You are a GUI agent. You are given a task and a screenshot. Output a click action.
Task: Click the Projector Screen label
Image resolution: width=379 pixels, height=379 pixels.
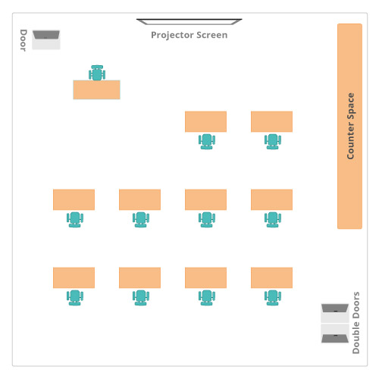click(189, 35)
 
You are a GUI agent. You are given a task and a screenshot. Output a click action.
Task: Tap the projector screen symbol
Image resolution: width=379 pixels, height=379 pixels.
click(189, 22)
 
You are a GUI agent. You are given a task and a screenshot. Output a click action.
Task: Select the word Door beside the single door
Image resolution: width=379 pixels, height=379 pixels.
click(23, 40)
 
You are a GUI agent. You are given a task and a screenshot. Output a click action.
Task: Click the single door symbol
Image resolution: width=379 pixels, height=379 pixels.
click(46, 39)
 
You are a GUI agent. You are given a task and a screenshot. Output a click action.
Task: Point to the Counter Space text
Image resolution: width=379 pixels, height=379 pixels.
click(350, 126)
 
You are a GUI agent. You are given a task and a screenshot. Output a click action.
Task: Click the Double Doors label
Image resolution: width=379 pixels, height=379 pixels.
click(356, 323)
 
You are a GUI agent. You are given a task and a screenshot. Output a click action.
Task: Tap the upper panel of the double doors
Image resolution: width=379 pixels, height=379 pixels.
click(335, 313)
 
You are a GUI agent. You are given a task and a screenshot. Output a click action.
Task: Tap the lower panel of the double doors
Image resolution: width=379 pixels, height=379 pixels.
click(335, 334)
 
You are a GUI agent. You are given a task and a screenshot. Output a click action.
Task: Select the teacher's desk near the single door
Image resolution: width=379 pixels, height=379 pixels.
click(96, 89)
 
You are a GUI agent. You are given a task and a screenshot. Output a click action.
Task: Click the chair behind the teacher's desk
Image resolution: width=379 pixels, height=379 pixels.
click(97, 73)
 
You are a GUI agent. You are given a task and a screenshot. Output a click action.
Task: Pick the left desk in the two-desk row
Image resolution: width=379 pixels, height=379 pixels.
click(205, 121)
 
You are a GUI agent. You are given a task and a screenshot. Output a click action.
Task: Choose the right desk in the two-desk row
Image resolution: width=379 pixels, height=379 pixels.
click(271, 121)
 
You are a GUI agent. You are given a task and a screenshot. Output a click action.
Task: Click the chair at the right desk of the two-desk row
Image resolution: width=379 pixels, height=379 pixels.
click(273, 142)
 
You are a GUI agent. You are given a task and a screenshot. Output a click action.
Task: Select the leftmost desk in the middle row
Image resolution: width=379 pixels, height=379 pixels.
click(74, 199)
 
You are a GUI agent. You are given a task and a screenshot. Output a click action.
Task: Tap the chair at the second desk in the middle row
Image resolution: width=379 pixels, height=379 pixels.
click(141, 220)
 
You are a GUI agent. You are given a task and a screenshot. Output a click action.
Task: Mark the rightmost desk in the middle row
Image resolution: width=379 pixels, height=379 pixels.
click(271, 199)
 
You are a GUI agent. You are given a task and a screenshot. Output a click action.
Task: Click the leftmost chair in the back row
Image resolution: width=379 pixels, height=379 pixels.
click(75, 298)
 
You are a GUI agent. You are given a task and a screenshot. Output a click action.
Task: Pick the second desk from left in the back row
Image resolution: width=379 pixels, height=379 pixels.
click(139, 277)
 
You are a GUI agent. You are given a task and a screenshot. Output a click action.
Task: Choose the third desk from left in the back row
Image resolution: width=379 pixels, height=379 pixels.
click(205, 277)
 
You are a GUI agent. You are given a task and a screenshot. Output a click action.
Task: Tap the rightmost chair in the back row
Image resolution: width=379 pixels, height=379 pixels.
click(273, 298)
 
